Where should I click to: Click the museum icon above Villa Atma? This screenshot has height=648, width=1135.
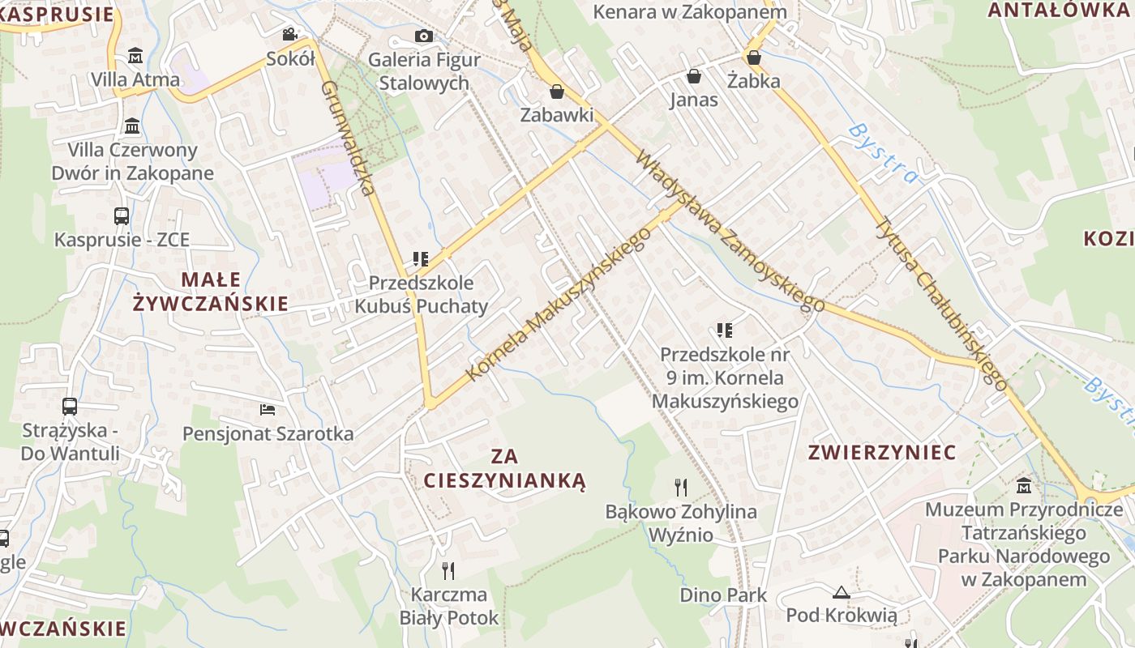point(135,56)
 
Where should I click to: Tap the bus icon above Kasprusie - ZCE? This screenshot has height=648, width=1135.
point(122,215)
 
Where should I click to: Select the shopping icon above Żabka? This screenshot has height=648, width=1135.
point(754,58)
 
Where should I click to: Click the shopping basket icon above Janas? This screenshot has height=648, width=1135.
point(694,76)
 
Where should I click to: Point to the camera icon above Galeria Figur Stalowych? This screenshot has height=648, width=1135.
point(423,36)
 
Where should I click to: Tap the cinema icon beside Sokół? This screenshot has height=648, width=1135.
point(289,34)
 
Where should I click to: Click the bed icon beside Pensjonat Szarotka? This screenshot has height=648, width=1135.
point(268,410)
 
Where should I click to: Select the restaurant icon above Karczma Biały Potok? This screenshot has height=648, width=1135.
point(448,570)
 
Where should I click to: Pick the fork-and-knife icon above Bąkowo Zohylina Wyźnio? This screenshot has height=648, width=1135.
point(681,487)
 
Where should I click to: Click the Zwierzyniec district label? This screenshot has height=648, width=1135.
point(882,452)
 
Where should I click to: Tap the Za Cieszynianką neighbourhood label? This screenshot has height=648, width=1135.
point(503,468)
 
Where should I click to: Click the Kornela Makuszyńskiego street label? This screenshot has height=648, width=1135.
point(559,304)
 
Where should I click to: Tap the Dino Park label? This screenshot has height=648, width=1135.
point(723,595)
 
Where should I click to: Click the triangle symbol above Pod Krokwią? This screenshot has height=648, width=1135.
point(841,592)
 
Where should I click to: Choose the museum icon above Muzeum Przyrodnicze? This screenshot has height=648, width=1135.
point(1023,486)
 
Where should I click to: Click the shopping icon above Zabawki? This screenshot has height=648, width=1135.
point(556,92)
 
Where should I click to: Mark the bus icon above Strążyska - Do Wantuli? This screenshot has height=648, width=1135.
point(70,406)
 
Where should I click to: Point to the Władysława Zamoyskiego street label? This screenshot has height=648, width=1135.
point(730,231)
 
